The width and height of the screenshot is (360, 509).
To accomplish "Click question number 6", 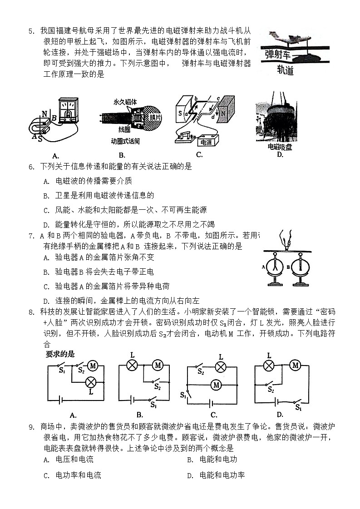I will click(31, 167).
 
